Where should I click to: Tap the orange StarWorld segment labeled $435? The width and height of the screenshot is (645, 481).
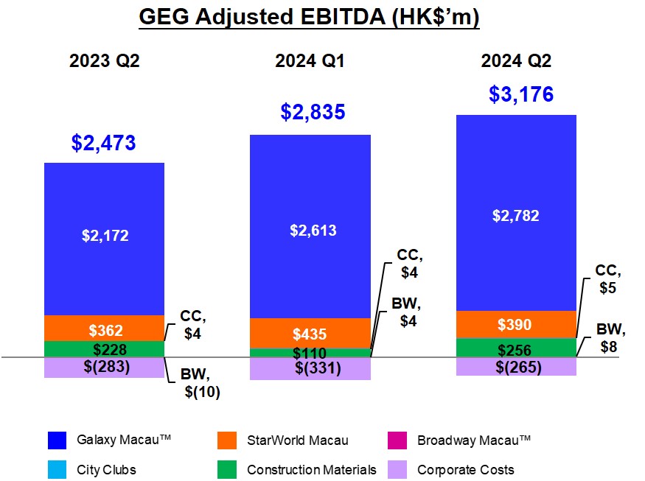coord(310,333)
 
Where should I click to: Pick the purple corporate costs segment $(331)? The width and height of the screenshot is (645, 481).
coord(310,368)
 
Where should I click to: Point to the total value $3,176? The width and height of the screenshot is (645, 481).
coord(520,95)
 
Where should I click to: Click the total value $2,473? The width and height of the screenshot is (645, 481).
coord(104,143)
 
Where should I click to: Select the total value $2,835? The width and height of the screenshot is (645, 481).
coord(313,112)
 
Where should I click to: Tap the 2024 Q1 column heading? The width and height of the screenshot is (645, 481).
coord(310,62)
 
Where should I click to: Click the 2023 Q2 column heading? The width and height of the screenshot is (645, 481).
coord(104,62)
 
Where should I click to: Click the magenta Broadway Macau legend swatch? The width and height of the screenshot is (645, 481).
coord(398,440)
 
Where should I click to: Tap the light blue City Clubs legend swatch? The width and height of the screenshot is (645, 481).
coord(57,469)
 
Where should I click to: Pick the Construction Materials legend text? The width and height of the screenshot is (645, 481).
coord(311,469)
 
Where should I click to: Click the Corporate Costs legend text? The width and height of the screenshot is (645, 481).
coord(465,469)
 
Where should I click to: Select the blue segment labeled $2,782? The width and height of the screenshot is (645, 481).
coord(516,215)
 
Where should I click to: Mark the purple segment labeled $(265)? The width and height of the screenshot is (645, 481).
coord(516,367)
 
